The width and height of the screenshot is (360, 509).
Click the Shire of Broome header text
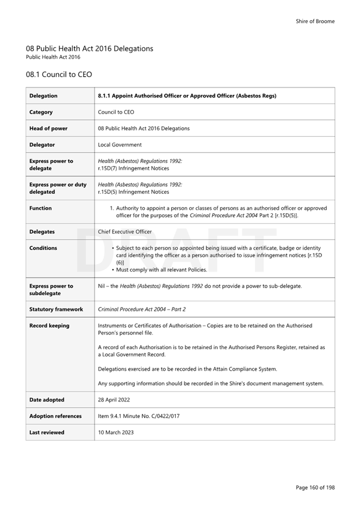click(315, 21)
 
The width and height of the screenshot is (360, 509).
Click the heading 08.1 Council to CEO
click(58, 74)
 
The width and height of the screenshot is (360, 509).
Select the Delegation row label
click(43, 96)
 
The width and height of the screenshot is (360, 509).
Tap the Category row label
click(41, 112)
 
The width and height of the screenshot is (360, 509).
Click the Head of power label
click(48, 128)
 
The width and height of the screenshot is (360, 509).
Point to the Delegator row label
click(42, 145)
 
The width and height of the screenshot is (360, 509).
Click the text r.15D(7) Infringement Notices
click(133, 169)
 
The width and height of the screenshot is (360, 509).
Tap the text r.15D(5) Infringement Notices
click(133, 192)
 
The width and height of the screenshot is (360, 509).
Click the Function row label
click(40, 208)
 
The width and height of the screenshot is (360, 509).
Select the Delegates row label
click(42, 232)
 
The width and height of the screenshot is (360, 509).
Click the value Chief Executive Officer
click(125, 232)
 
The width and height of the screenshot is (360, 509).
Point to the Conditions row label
click(43, 248)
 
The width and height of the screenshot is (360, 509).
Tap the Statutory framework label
click(56, 310)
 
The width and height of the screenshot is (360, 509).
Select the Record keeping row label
click(49, 326)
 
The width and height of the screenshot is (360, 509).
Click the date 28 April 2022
click(114, 400)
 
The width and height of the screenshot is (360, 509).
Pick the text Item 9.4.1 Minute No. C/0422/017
click(138, 416)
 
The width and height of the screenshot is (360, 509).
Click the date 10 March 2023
click(116, 432)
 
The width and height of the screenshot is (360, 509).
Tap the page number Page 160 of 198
click(315, 488)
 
